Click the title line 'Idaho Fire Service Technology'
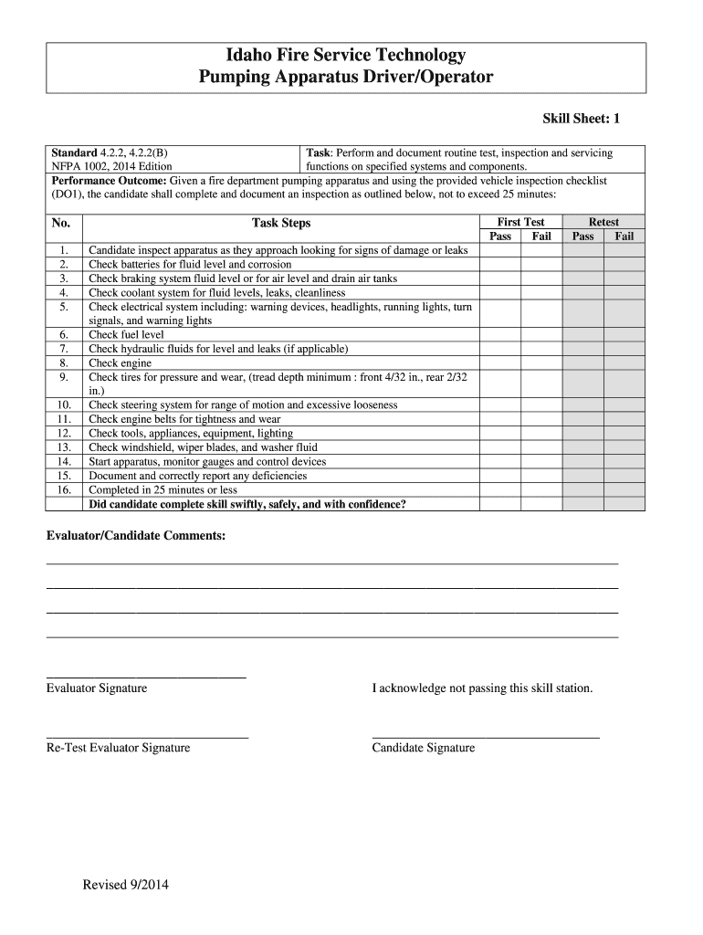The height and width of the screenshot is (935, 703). tap(346, 56)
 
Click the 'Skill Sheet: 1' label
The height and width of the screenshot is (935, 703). tap(581, 119)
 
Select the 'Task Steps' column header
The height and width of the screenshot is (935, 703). tap(281, 223)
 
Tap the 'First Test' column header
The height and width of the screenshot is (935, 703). tap(520, 222)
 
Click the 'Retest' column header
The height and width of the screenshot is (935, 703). tap(603, 222)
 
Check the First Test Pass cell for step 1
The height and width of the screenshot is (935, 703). tap(500, 250)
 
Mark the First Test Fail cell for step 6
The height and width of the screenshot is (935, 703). tap(541, 335)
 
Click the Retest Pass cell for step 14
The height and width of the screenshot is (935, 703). tap(582, 462)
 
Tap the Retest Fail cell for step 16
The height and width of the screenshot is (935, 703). tap(624, 490)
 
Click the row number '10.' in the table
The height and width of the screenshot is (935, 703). tap(64, 404)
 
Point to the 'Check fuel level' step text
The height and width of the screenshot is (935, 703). tap(126, 335)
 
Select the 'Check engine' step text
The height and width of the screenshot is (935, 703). tap(120, 363)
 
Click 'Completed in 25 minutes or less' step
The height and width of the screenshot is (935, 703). tap(163, 490)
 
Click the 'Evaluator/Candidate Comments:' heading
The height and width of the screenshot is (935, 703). tap(135, 535)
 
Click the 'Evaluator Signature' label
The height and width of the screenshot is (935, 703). tap(96, 688)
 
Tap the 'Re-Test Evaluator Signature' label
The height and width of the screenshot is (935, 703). tap(118, 748)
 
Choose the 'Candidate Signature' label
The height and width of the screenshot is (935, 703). tap(423, 748)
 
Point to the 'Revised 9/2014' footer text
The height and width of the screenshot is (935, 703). tap(125, 885)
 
